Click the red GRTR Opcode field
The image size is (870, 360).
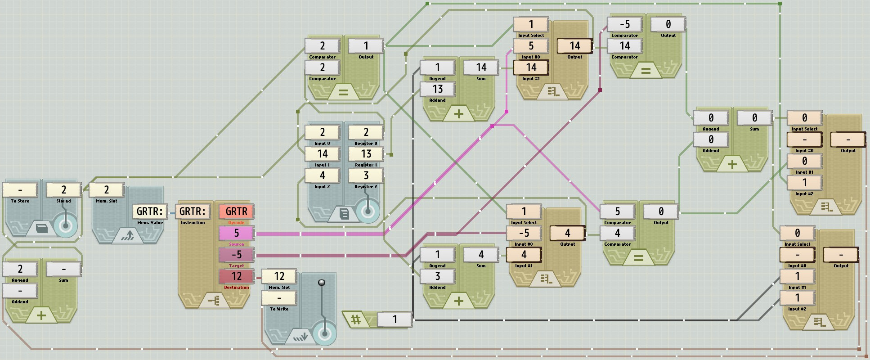[236, 211]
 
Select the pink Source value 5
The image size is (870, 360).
[236, 233]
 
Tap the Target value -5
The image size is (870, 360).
[236, 255]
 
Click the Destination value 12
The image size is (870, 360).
[236, 276]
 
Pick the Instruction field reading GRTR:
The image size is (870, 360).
[193, 211]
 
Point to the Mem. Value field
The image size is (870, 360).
[149, 211]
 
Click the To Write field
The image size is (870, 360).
[279, 298]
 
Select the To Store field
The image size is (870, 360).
[20, 190]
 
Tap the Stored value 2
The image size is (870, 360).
[63, 190]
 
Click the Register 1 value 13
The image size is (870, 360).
[366, 154]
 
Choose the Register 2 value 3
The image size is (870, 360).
[366, 175]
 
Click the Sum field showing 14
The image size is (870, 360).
[481, 67]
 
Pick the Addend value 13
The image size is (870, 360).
[437, 89]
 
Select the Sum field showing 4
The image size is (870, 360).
[481, 255]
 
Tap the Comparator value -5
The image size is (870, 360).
[624, 24]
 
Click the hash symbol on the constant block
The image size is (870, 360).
[356, 319]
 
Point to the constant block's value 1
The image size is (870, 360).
[395, 319]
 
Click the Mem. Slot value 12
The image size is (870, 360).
[279, 276]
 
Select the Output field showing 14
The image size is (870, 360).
[574, 46]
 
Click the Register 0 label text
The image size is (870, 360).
[366, 144]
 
